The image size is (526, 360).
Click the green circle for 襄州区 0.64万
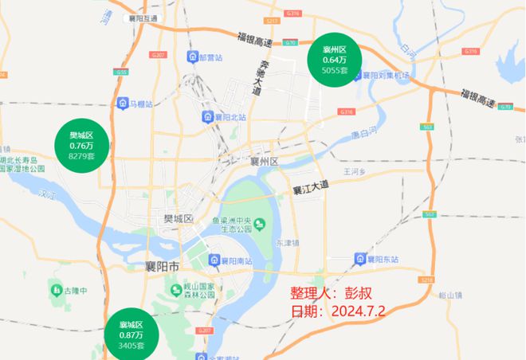334,60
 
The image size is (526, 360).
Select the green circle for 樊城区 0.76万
81,146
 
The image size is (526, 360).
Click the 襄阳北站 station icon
207,117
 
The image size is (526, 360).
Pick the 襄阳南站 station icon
215,260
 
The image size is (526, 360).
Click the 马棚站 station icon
122,104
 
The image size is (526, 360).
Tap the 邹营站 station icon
192,57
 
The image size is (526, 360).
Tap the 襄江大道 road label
310,189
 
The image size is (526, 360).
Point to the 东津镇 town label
288,242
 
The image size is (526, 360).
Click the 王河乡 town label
354,171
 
